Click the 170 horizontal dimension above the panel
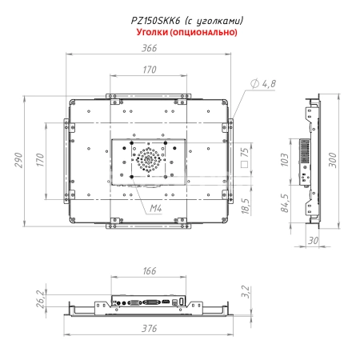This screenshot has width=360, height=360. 149,70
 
